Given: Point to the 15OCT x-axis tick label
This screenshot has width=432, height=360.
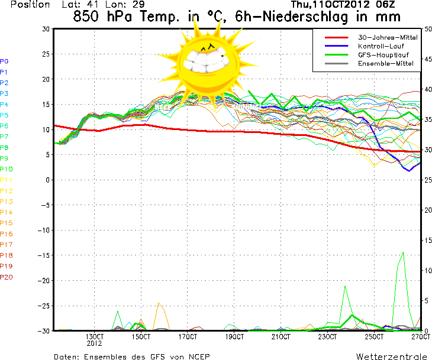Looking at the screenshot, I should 141,337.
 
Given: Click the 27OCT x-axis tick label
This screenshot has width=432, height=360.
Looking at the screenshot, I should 421,337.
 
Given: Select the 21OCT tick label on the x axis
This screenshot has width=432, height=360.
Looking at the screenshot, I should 281,337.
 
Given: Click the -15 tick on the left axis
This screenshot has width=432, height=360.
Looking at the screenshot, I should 42,255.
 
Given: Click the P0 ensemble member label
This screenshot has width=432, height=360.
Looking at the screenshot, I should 4,61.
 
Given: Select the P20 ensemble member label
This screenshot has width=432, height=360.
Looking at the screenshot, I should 6,277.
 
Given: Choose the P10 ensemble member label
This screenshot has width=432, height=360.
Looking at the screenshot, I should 6,169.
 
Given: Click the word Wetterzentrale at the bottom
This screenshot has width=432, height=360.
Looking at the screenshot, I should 391,356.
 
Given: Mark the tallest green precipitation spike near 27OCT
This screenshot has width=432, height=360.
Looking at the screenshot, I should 403,253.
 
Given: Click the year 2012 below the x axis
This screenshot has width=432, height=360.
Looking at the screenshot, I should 95,343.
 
